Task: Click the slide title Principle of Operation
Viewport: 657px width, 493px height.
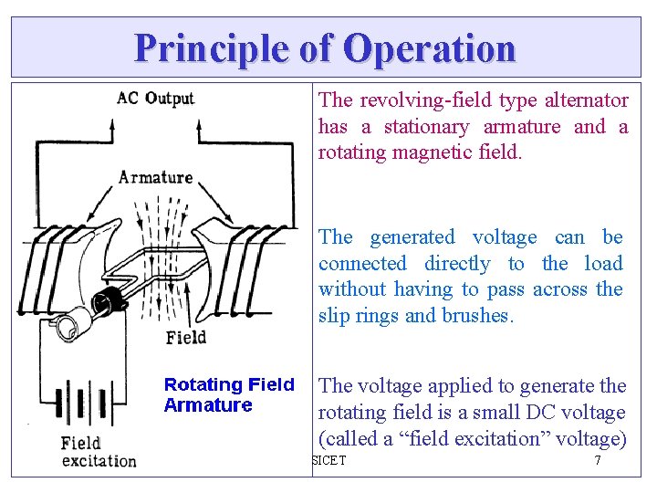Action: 325,47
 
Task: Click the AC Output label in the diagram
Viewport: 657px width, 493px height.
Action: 155,99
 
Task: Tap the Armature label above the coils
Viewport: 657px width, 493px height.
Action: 155,176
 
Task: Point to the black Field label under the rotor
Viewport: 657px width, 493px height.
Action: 185,338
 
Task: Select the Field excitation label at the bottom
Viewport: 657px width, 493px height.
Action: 99,452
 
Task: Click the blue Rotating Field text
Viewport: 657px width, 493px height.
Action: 229,384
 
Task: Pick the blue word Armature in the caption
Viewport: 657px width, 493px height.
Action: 208,405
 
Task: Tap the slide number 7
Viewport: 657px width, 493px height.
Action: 598,460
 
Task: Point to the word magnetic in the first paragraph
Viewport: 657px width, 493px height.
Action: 429,152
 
